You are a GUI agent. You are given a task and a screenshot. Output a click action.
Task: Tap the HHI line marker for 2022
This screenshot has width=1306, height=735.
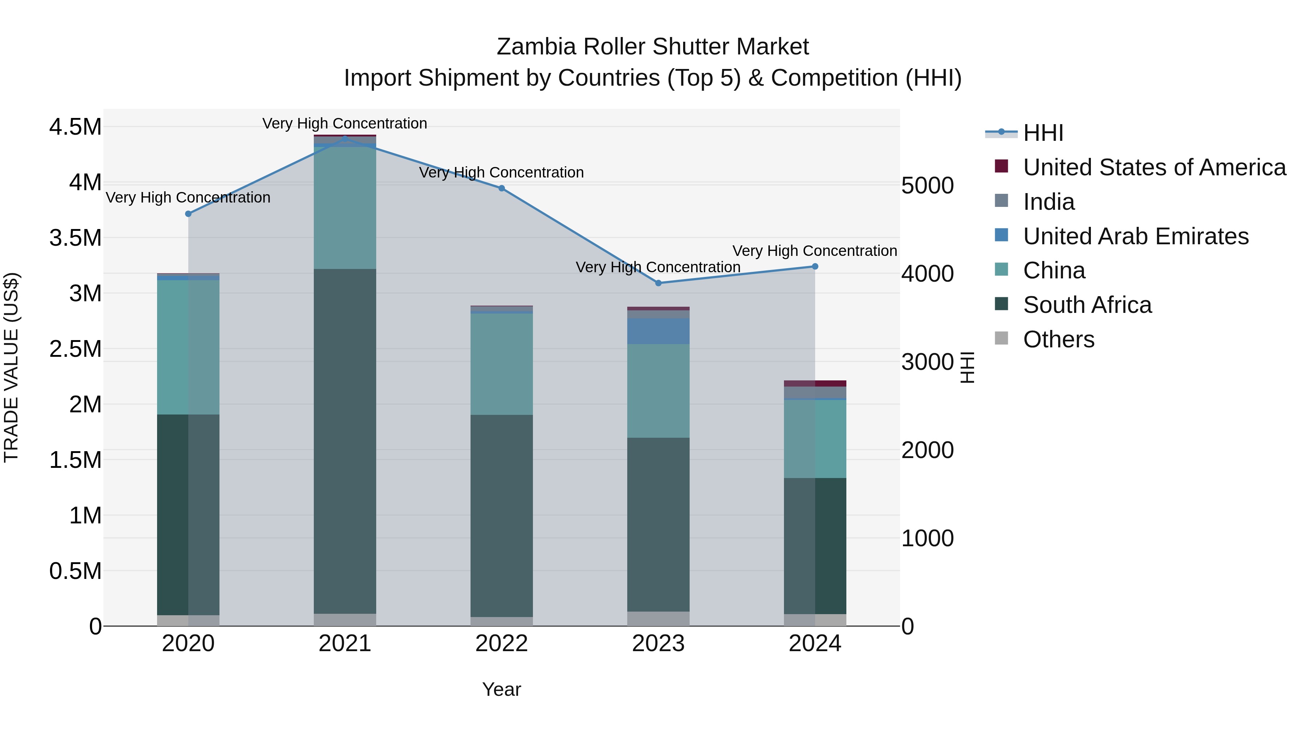(x=501, y=188)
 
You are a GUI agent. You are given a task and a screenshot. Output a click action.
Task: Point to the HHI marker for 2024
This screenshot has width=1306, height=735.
(x=815, y=266)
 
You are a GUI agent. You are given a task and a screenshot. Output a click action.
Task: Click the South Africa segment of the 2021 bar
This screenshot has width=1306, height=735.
(x=345, y=441)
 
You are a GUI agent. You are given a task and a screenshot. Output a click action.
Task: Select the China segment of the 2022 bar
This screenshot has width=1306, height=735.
(x=501, y=364)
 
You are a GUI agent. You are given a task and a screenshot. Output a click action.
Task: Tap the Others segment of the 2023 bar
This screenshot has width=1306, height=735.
(x=658, y=618)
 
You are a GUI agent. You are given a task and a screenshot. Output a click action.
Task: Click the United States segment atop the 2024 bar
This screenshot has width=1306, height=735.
(x=815, y=384)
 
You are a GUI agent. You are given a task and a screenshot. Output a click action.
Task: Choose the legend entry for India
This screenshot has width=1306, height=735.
(x=1048, y=202)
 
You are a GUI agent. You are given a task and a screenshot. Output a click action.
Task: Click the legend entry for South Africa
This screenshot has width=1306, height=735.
(x=1087, y=305)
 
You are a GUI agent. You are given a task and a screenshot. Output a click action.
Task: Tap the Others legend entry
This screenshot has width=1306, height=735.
(x=1059, y=339)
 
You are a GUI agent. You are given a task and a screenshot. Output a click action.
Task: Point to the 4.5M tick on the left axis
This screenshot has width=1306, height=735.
(x=75, y=127)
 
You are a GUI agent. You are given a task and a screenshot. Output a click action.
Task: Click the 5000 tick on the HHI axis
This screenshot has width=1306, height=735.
(x=927, y=185)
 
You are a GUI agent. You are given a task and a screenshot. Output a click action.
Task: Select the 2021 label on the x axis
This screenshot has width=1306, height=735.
(x=345, y=644)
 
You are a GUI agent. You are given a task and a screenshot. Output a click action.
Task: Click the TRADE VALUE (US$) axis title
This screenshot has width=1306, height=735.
(x=11, y=367)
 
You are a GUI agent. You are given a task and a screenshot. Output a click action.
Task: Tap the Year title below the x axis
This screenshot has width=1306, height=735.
(x=501, y=689)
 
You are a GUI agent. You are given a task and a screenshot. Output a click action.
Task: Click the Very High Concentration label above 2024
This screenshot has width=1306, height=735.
(x=815, y=250)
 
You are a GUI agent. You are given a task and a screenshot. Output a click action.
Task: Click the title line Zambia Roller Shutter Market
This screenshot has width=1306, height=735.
(x=653, y=47)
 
